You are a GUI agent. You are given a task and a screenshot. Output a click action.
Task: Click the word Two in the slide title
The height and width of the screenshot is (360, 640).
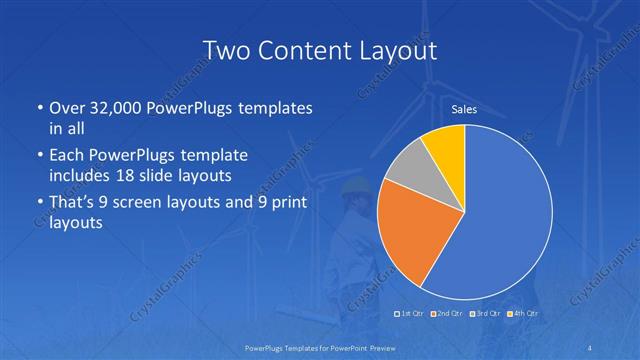tap(224, 49)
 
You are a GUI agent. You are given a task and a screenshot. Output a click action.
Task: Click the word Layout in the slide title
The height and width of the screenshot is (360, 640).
tap(396, 49)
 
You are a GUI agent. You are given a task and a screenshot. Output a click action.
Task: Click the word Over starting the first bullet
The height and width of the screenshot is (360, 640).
tap(68, 107)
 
